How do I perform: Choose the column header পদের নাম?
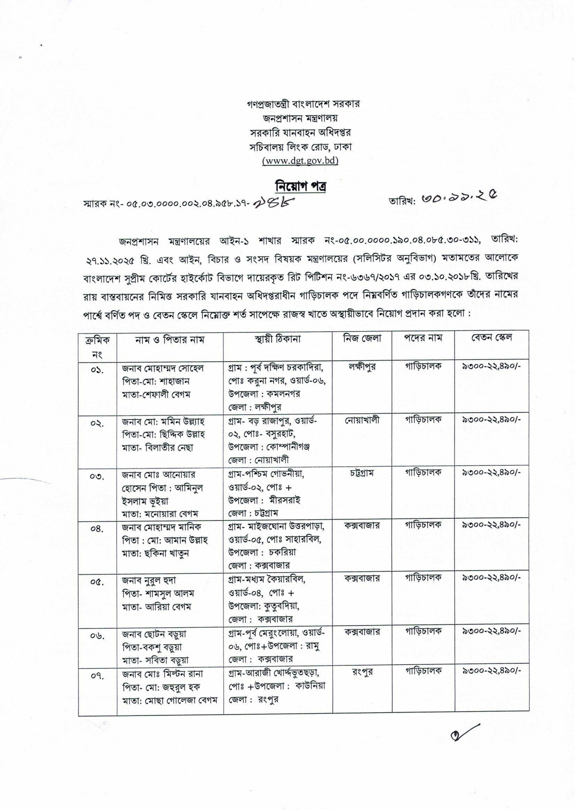[423, 338]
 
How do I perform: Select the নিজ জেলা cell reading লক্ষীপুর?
[362, 367]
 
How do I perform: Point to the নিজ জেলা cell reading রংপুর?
[362, 672]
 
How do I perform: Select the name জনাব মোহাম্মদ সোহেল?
[163, 368]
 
